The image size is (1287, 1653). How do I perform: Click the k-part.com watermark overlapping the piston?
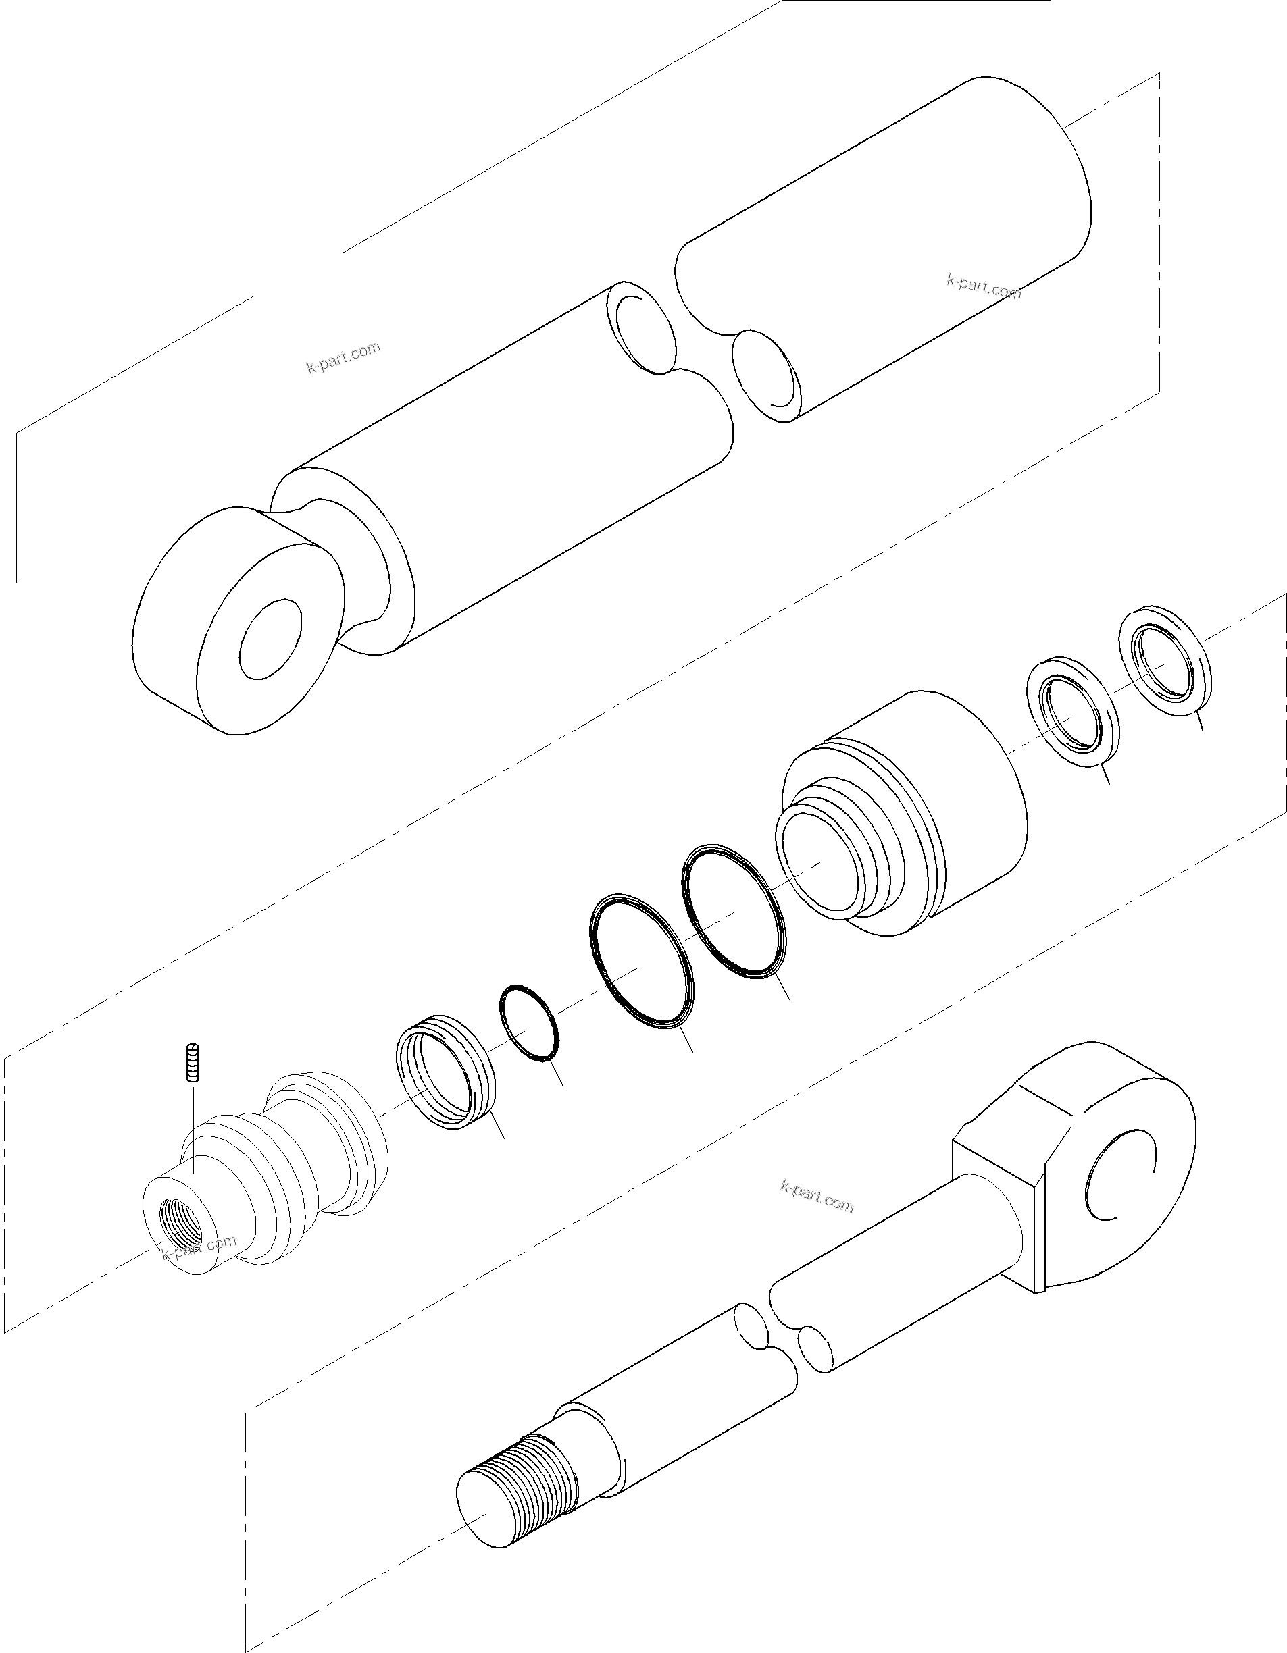[199, 1246]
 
